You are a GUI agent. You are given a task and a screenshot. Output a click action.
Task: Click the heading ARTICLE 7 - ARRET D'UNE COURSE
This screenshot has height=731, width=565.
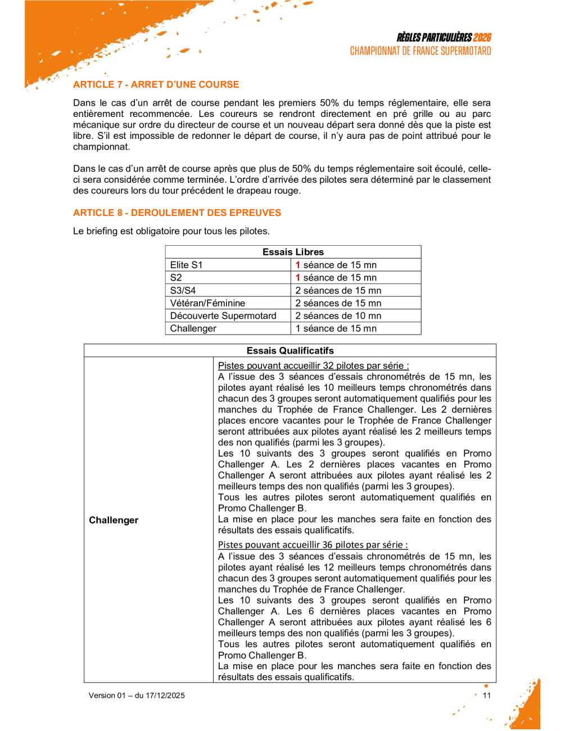click(156, 84)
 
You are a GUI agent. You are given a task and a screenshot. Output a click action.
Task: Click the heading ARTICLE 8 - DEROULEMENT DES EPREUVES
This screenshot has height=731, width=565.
click(177, 213)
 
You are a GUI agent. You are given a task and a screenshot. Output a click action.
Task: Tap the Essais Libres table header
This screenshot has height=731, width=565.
click(293, 252)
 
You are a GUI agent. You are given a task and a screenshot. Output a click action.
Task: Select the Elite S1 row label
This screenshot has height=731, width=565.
click(186, 265)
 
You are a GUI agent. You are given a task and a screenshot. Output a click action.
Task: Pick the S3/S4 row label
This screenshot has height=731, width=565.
click(183, 290)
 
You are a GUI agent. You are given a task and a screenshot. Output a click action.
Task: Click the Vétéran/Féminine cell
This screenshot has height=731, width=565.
click(207, 303)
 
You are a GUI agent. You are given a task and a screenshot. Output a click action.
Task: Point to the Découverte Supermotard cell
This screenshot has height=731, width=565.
click(223, 315)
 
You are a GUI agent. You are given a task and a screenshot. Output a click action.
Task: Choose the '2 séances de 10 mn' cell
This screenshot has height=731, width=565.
click(338, 315)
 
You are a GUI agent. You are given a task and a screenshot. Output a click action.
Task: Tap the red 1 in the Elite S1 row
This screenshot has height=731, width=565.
click(298, 265)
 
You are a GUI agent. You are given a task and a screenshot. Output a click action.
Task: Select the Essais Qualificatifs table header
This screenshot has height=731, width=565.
click(290, 350)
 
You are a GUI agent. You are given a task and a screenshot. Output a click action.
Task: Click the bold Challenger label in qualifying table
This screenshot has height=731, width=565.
click(114, 520)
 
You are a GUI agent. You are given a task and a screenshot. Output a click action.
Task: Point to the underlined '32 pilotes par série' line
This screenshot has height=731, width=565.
click(313, 365)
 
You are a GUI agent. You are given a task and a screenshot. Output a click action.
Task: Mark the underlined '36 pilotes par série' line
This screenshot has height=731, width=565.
click(313, 544)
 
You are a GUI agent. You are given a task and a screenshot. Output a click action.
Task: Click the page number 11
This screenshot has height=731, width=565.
click(487, 696)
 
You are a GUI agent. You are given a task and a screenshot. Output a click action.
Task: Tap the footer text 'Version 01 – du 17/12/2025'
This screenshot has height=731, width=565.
click(137, 696)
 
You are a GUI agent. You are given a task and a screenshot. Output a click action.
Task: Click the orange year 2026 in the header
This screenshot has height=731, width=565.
click(482, 38)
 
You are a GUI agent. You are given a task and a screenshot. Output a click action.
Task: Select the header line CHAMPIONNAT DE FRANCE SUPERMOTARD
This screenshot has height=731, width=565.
click(421, 51)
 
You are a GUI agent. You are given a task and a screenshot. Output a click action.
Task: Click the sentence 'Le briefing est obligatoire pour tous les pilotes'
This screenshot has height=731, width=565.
click(171, 231)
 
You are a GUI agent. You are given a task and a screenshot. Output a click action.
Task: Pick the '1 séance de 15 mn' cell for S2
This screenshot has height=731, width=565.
click(336, 277)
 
